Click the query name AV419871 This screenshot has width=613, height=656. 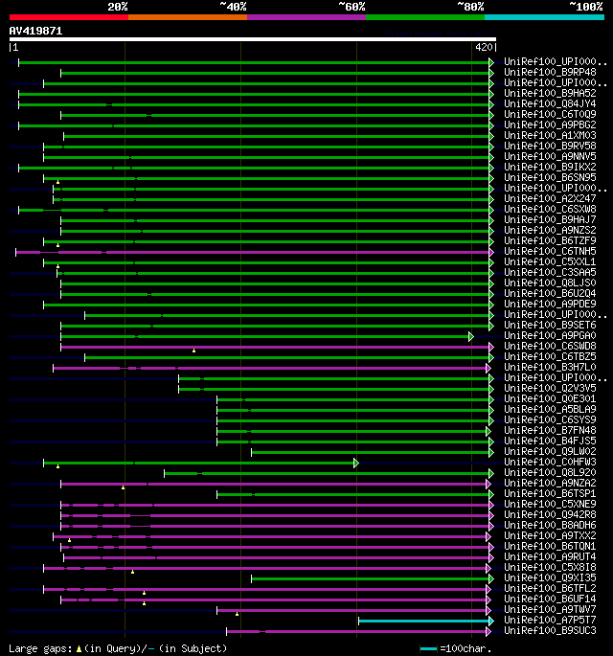36,31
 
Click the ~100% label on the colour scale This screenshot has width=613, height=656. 585,7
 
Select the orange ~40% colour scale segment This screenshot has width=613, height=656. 188,16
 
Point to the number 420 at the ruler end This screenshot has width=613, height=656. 483,46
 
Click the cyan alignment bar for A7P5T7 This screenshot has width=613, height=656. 422,621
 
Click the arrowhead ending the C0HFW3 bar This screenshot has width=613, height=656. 356,463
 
